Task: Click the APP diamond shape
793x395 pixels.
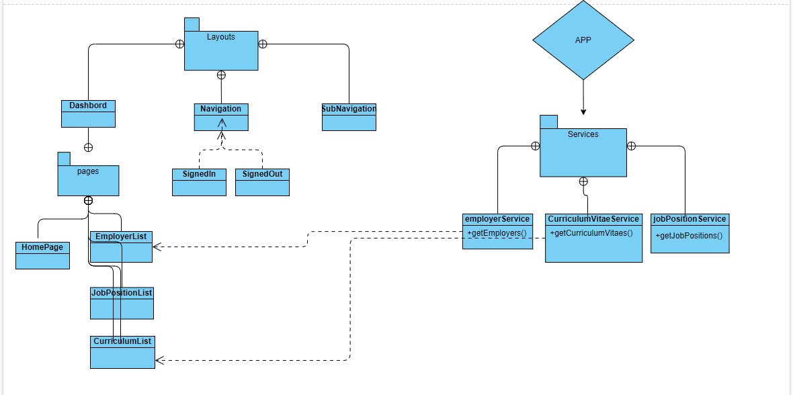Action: (x=583, y=40)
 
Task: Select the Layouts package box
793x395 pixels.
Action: (x=221, y=50)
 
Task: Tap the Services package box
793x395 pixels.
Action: (x=583, y=152)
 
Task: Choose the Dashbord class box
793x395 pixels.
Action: (x=88, y=114)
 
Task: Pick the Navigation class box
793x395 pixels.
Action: (x=221, y=117)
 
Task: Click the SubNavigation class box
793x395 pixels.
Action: (x=348, y=117)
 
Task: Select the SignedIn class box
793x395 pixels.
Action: (x=199, y=182)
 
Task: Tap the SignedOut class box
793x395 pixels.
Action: (x=262, y=182)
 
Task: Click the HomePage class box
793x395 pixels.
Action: (x=42, y=255)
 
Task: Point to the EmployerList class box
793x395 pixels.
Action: (x=122, y=247)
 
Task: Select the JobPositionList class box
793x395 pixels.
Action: (x=122, y=303)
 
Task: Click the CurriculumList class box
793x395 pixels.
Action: (x=122, y=352)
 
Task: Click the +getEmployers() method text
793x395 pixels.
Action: (x=496, y=232)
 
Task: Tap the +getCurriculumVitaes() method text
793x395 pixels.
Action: (x=591, y=232)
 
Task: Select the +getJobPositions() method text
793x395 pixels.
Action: (x=689, y=236)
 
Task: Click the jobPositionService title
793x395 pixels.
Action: (x=690, y=219)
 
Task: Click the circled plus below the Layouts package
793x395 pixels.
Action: (x=221, y=75)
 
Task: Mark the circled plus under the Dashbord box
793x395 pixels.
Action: (x=88, y=147)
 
